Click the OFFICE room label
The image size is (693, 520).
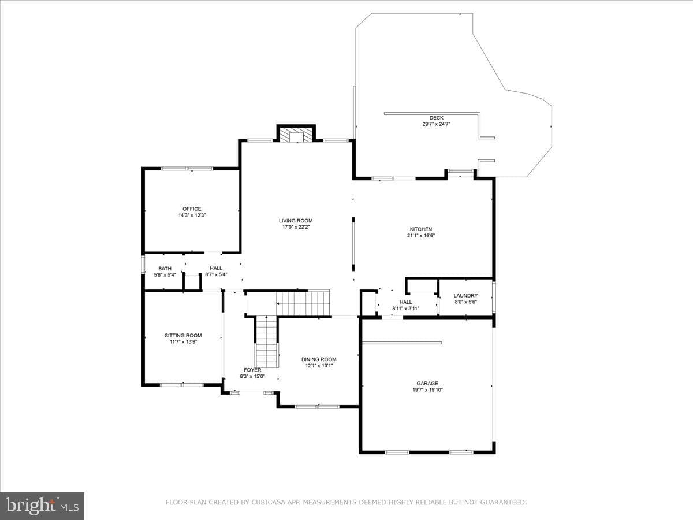(192, 209)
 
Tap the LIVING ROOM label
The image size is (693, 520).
(296, 221)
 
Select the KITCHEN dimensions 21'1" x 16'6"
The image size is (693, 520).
(421, 236)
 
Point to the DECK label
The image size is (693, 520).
(437, 118)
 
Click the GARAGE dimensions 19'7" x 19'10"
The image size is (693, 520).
(427, 390)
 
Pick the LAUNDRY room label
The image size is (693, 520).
(465, 295)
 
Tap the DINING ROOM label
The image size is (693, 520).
(319, 359)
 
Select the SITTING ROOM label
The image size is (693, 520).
(183, 335)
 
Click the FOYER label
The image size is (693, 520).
(252, 370)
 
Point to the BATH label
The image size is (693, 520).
(165, 269)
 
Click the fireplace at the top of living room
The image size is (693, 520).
(296, 135)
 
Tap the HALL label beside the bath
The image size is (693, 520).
(216, 268)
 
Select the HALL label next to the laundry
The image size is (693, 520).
(406, 302)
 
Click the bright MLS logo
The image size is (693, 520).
(42, 506)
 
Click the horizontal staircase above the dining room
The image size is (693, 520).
(303, 303)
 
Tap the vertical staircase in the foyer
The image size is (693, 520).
(267, 341)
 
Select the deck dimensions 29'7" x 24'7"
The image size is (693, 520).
(437, 124)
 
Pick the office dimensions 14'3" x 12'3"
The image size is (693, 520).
(192, 216)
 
